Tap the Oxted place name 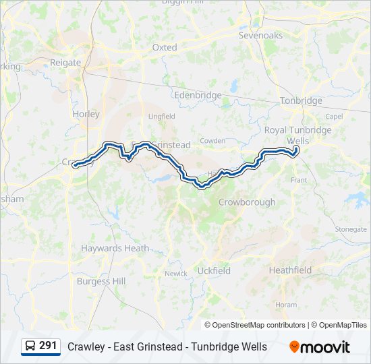click(x=165, y=48)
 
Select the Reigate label click(x=65, y=63)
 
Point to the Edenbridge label click(x=198, y=95)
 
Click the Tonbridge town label click(x=301, y=100)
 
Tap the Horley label click(x=86, y=114)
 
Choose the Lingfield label click(x=161, y=116)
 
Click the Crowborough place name click(x=247, y=202)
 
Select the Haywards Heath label click(x=115, y=248)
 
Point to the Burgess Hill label click(x=101, y=281)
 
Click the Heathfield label click(x=290, y=270)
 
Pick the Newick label click(x=176, y=274)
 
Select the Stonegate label click(x=351, y=229)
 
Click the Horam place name click(x=286, y=305)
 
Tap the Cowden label click(x=212, y=140)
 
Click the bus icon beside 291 click(x=30, y=346)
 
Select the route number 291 click(x=48, y=346)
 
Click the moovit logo click(x=320, y=347)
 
